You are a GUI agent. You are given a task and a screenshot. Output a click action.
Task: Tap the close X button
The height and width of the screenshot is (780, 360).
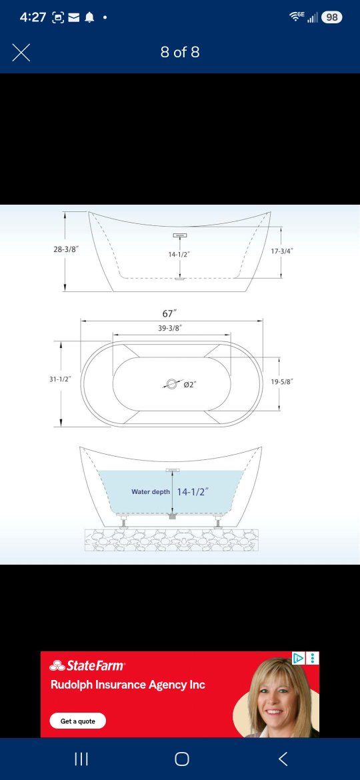coord(21,52)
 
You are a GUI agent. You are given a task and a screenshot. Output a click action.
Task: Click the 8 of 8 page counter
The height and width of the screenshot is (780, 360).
coord(180,52)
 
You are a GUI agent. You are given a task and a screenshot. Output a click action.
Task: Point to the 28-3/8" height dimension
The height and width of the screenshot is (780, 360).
coord(66,249)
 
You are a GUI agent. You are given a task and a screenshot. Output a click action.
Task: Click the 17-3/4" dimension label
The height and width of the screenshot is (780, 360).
coord(282,251)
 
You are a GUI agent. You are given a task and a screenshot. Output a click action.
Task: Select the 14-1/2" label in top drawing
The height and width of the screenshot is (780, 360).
coord(179,254)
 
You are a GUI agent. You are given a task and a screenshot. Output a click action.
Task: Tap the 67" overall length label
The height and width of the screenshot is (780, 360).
coord(169,314)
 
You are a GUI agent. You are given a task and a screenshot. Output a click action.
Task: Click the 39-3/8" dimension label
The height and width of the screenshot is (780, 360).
coord(170,328)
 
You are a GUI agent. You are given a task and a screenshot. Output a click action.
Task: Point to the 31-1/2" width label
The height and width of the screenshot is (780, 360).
coord(60,379)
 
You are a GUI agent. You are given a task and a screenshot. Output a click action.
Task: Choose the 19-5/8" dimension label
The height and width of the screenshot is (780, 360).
coord(282,381)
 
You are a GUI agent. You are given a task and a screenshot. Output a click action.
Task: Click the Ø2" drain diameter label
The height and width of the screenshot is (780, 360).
coord(191,385)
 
